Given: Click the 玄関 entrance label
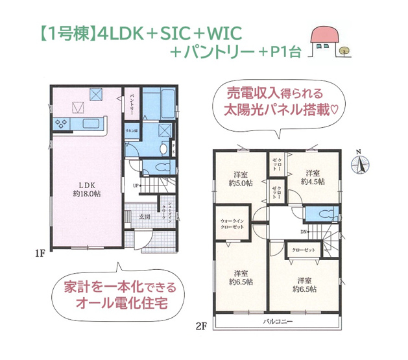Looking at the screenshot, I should click(143, 217).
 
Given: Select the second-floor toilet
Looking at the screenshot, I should click(322, 215).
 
